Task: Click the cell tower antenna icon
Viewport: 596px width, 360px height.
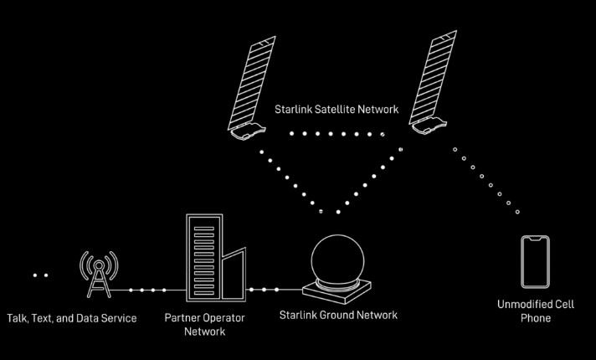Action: click(x=99, y=270)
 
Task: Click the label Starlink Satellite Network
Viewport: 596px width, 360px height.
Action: click(x=337, y=110)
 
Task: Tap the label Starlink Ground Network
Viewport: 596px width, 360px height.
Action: click(x=338, y=316)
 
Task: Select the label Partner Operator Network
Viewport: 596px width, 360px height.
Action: click(x=205, y=324)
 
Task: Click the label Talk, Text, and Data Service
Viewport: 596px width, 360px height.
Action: click(x=72, y=318)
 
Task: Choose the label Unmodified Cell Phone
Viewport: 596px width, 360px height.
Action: click(x=535, y=311)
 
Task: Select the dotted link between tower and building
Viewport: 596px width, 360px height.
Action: click(x=146, y=290)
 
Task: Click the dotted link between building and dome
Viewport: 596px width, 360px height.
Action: click(x=265, y=290)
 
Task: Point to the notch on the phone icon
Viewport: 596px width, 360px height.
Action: click(x=536, y=239)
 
